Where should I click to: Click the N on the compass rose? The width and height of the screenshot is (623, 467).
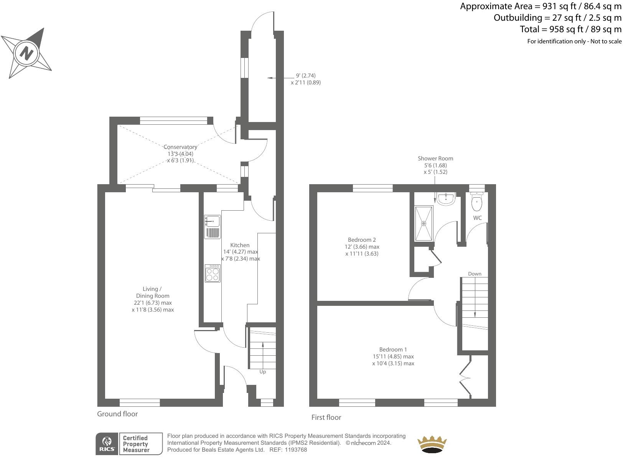coord(26,53)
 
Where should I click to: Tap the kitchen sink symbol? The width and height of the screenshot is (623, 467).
coord(212,221)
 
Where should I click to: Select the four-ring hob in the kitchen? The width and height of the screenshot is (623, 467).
coord(213,274)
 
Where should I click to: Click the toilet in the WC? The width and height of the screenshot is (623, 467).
coord(477,202)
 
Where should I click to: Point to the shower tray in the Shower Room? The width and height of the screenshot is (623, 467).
coord(424,223)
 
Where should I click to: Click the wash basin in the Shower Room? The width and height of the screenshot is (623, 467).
coord(446,198)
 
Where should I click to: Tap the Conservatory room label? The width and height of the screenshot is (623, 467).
coord(180,147)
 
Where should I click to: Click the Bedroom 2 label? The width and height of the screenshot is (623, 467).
coord(362,240)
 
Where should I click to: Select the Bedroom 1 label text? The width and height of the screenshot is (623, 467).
coord(393,350)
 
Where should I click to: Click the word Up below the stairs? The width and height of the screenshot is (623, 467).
coord(262,372)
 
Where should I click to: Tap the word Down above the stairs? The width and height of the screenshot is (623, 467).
coord(475,274)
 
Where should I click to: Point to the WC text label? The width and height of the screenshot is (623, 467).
coord(477,218)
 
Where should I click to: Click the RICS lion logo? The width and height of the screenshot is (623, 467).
coord(107,444)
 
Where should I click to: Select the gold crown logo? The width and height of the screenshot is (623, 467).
coord(432,444)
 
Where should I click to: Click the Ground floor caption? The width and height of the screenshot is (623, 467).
coord(117,414)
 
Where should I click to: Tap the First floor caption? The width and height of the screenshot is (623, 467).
coord(326,417)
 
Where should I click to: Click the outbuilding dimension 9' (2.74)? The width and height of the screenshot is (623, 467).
coord(306,76)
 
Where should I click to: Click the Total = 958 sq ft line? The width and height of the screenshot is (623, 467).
coord(570,29)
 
